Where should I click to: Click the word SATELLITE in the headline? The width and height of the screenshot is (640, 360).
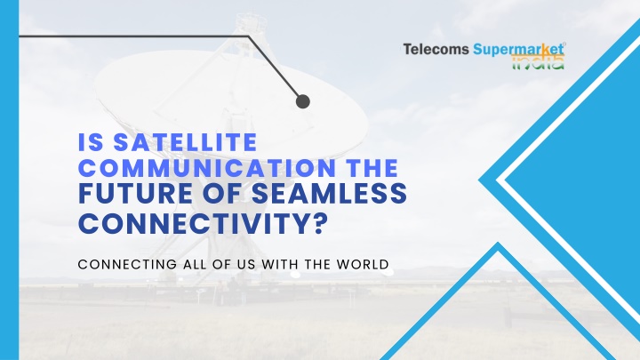point(185,142)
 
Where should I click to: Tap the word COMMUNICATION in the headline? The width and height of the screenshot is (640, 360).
point(207,168)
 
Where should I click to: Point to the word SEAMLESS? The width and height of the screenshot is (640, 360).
point(329,194)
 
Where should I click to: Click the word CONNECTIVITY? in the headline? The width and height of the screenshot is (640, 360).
point(204,223)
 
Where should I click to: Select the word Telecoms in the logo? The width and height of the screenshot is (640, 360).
point(436,50)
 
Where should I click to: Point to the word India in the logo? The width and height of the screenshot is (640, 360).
point(538,63)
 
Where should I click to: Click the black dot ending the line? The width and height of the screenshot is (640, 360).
point(303,101)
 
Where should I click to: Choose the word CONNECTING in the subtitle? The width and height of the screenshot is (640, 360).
point(127,264)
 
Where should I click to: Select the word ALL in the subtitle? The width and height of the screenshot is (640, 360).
point(196,264)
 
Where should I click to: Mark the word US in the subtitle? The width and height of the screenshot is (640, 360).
point(246,264)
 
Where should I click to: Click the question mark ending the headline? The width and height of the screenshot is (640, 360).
point(321,223)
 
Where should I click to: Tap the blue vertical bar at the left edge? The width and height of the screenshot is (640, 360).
point(10,180)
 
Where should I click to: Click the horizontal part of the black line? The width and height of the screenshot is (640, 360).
point(134,36)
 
